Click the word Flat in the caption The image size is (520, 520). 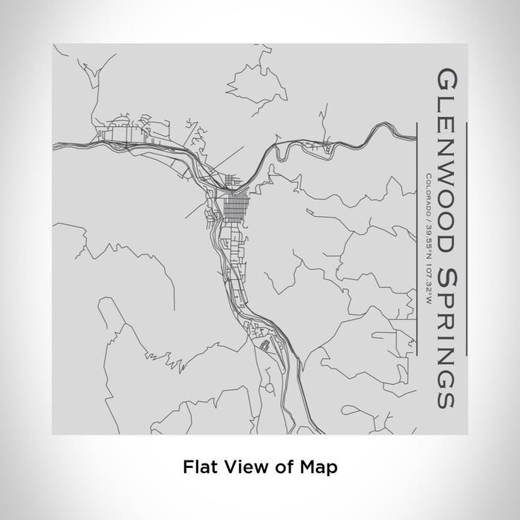click(x=197, y=467)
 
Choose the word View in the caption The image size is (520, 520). click(x=244, y=467)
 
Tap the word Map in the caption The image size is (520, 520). click(x=322, y=467)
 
